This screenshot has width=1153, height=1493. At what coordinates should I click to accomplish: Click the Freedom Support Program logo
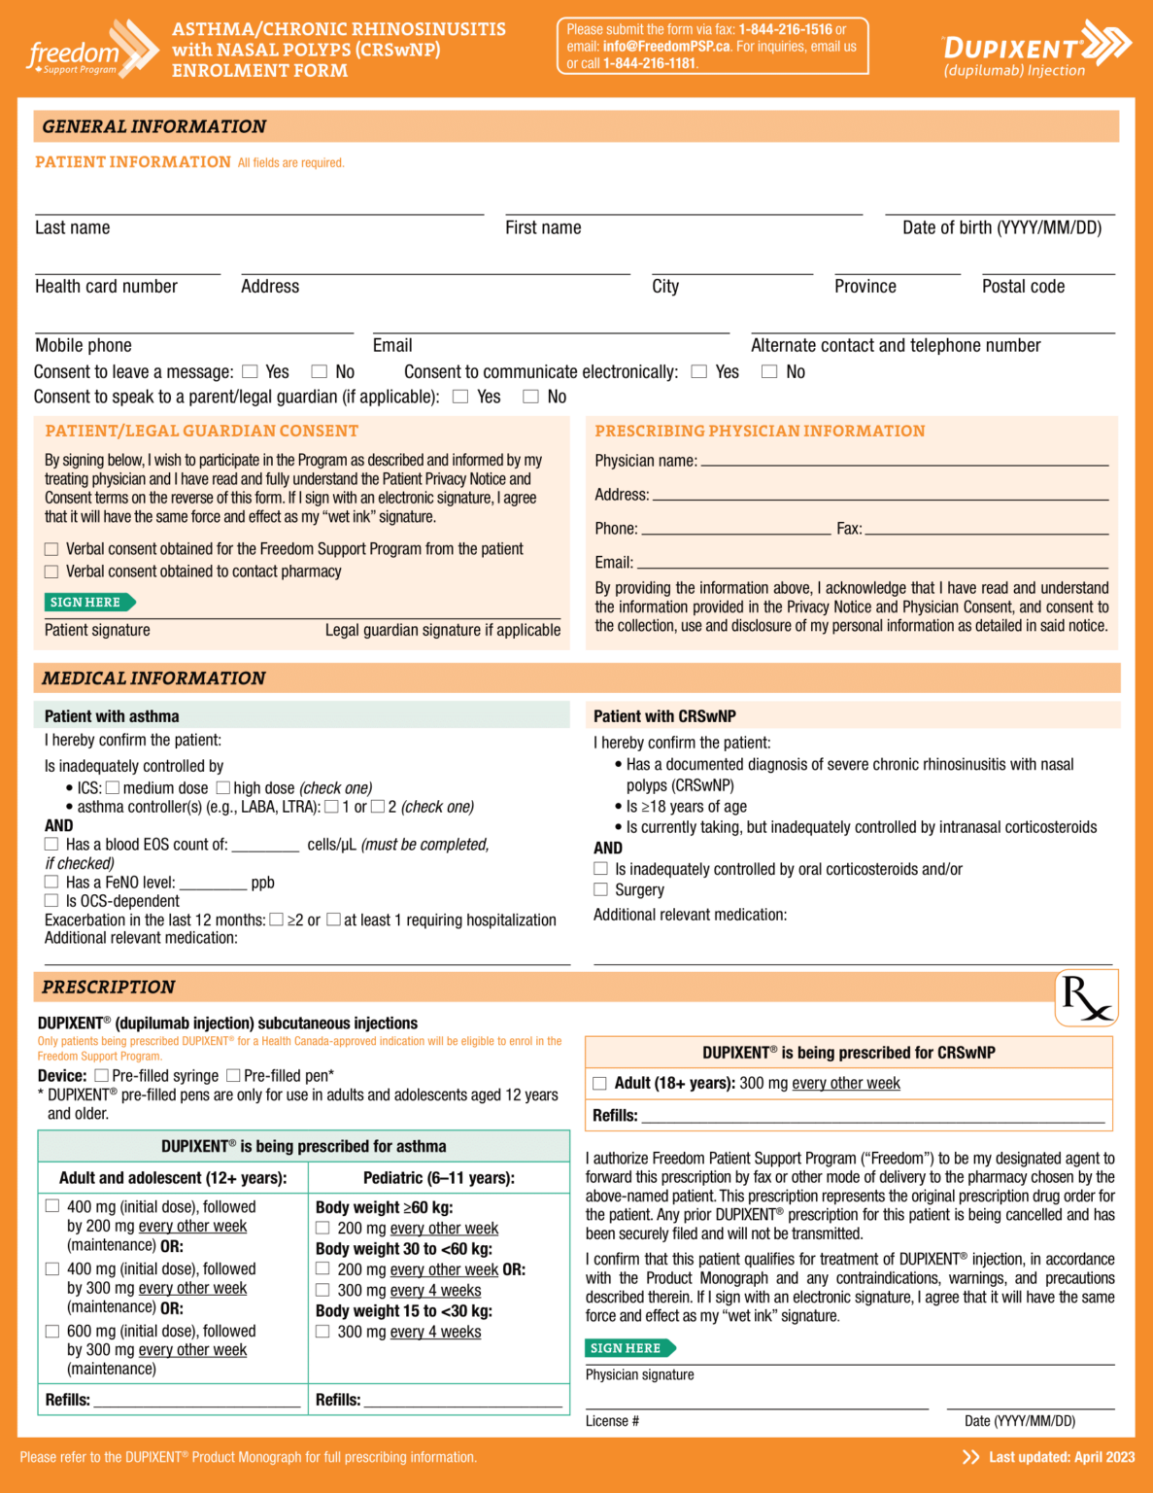(x=91, y=49)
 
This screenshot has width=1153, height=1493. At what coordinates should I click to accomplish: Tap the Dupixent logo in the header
(x=1035, y=49)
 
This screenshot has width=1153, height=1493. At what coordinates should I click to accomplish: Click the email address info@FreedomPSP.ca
(x=665, y=46)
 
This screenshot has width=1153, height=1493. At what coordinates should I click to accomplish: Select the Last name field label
(x=73, y=227)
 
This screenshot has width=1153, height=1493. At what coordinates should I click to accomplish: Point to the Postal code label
(x=1023, y=287)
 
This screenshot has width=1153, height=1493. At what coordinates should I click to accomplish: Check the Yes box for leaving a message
(x=250, y=371)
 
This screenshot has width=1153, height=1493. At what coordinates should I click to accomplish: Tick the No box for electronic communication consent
(x=769, y=371)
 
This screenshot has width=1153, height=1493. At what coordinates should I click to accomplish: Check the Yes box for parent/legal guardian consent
(x=460, y=397)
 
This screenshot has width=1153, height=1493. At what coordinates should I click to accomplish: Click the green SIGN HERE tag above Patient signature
(x=88, y=603)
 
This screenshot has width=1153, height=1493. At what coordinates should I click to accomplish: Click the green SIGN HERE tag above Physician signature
(x=628, y=1348)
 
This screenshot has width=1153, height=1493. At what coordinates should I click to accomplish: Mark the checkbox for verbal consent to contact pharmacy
(x=51, y=572)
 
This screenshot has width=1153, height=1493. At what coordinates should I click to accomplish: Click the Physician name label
(x=645, y=461)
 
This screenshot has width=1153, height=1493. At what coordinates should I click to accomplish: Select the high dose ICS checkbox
(x=223, y=787)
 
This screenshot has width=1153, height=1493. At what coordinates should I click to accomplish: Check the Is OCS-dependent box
(x=51, y=901)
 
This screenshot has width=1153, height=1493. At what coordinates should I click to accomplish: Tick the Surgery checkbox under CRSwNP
(x=600, y=889)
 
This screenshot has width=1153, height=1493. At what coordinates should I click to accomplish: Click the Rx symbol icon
(x=1086, y=997)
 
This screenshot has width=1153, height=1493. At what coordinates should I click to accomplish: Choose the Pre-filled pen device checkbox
(x=233, y=1075)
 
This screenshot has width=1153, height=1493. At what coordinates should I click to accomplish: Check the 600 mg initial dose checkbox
(x=52, y=1331)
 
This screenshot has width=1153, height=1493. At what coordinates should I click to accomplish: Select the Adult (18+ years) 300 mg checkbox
(x=599, y=1083)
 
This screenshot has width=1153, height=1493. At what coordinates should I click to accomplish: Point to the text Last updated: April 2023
(x=1061, y=1457)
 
